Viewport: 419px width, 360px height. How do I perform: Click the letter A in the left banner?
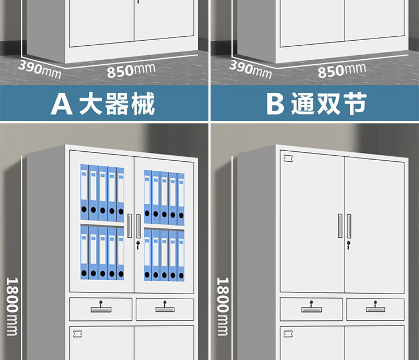click(61, 104)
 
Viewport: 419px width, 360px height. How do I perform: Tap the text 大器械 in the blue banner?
click(117, 104)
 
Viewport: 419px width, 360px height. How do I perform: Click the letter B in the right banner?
click(275, 104)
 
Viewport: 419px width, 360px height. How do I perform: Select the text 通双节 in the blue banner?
click(328, 104)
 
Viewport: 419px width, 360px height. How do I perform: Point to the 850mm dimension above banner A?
click(131, 70)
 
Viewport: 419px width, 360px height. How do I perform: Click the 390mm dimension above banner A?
click(40, 68)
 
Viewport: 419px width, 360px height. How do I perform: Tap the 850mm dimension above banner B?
click(341, 70)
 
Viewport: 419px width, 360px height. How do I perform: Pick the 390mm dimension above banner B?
click(250, 68)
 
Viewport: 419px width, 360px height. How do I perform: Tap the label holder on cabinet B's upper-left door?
click(289, 159)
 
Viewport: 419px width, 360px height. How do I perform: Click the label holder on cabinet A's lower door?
click(78, 334)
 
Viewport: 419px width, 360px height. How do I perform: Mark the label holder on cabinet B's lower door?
click(288, 334)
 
